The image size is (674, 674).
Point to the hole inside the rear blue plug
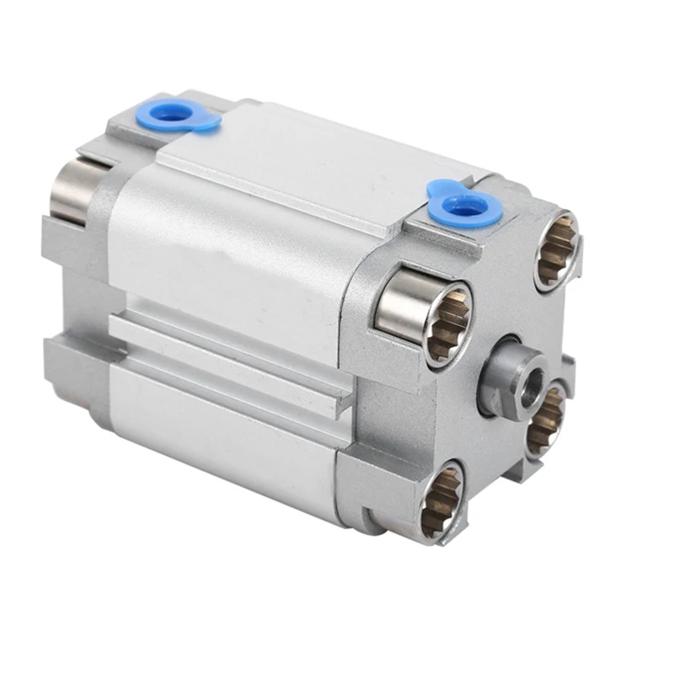pos(173,114)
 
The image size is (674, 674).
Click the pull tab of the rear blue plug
pos(206,124)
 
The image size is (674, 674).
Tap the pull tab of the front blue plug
pos(438,187)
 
